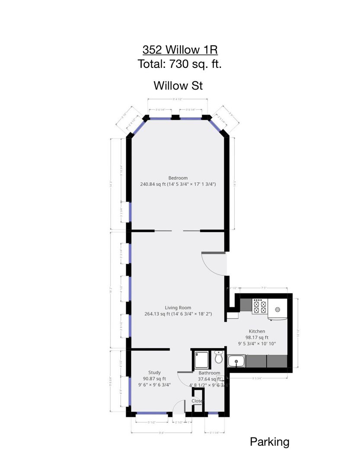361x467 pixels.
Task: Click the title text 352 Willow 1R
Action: point(180,50)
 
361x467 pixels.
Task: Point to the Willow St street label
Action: point(178,86)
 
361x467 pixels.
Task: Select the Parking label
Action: point(269,442)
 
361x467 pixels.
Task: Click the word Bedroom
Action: point(178,178)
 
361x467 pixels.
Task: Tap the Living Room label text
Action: point(178,308)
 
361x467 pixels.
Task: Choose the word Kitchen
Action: point(257,331)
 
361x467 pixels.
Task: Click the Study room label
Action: point(154,372)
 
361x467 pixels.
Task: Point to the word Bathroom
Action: point(209,373)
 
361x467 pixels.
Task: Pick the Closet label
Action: point(198,401)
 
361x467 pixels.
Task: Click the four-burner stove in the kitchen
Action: point(259,307)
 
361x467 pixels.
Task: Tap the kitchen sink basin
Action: point(236,361)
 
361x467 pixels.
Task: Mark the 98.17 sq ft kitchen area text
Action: point(257,337)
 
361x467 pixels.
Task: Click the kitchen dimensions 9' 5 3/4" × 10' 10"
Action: point(257,343)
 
